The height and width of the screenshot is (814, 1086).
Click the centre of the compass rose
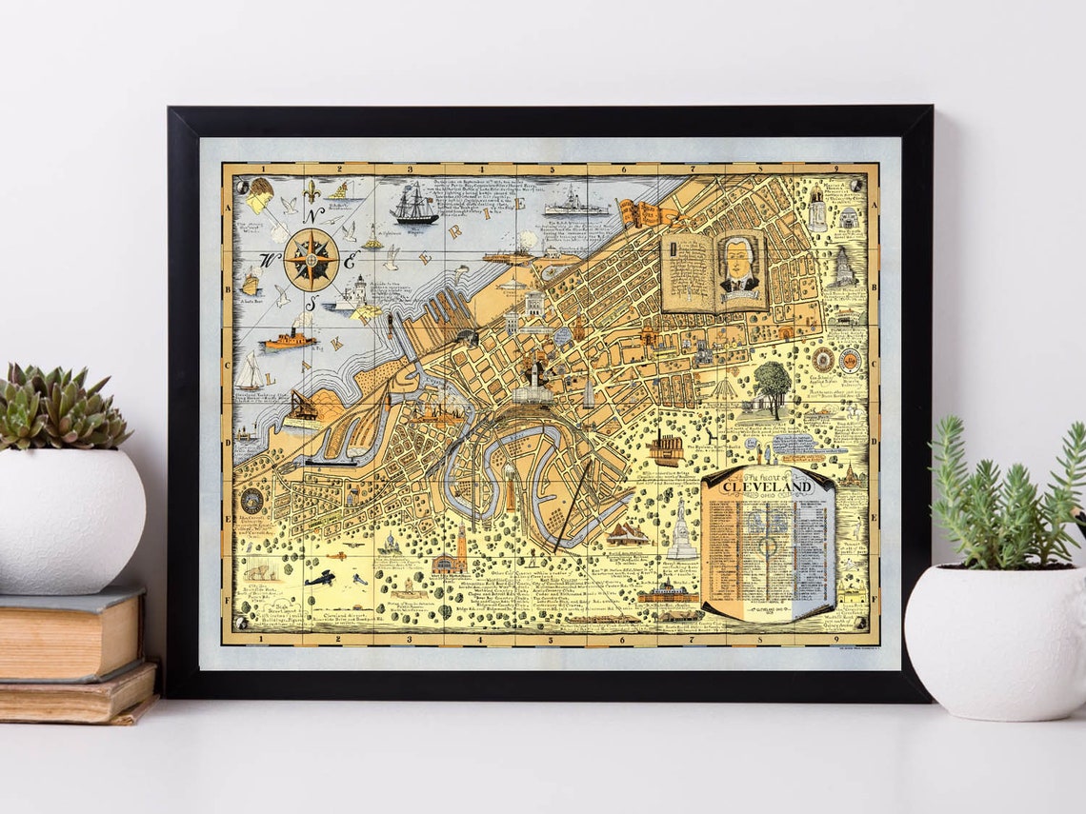click(312, 258)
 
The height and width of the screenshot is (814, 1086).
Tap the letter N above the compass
click(312, 214)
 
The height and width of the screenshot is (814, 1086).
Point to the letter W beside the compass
click(270, 259)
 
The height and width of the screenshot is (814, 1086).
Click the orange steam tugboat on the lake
click(289, 339)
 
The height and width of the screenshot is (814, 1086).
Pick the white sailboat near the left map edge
click(251, 371)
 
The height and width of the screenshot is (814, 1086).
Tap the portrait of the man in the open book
click(739, 268)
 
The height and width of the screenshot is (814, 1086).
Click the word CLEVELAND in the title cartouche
click(767, 487)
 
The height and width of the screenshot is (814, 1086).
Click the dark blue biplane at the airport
click(319, 578)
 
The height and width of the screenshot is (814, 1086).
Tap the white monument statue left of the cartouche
click(681, 533)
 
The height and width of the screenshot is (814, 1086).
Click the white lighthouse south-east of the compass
click(359, 289)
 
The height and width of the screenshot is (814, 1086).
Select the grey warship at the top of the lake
click(574, 206)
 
